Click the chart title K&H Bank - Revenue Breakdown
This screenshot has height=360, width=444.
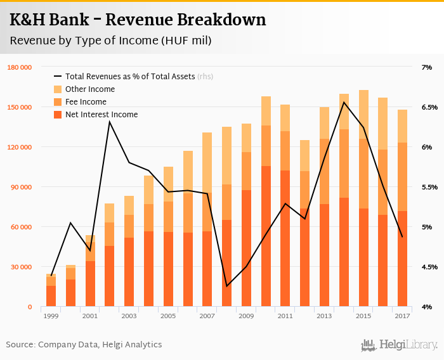tap(138, 20)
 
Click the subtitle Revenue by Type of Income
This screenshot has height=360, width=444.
tap(110, 41)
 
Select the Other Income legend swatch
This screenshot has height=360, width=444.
tap(58, 89)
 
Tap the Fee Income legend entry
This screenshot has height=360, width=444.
tap(86, 102)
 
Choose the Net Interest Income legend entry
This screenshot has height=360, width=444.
tap(101, 115)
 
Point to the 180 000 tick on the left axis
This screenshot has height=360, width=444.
tap(20, 67)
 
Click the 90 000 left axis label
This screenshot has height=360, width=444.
tap(22, 187)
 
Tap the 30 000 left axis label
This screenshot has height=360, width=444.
tap(22, 267)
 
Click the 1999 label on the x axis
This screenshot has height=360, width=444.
tap(51, 316)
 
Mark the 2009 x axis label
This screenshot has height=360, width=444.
tap(245, 316)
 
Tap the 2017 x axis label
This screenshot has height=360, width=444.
tap(402, 316)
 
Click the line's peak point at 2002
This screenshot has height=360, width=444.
tap(110, 122)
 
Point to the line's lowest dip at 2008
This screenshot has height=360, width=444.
tap(226, 286)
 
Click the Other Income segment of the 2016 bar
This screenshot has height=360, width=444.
tap(382, 124)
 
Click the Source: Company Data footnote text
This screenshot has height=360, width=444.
tap(84, 345)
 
